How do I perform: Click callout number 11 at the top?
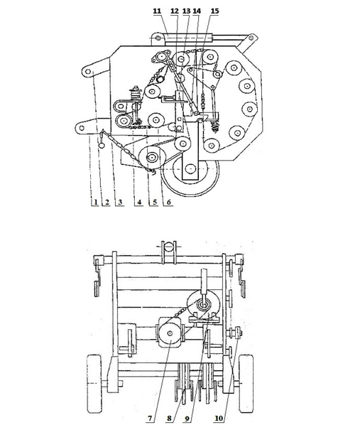point(157,11)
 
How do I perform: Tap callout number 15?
point(214,11)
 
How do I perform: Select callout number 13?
point(187,11)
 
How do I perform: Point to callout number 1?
point(96,203)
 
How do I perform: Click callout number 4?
point(139,203)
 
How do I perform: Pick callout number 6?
point(168,203)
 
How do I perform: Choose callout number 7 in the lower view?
point(150,419)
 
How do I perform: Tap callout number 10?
point(169,419)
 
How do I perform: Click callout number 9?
point(187,419)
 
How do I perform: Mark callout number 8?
point(219,419)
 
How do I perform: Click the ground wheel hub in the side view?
point(190,168)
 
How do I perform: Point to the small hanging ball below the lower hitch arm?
point(101,145)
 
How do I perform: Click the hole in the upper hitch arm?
point(88,72)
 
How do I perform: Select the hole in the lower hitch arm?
point(82,128)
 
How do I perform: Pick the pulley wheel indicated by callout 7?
point(170,333)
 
